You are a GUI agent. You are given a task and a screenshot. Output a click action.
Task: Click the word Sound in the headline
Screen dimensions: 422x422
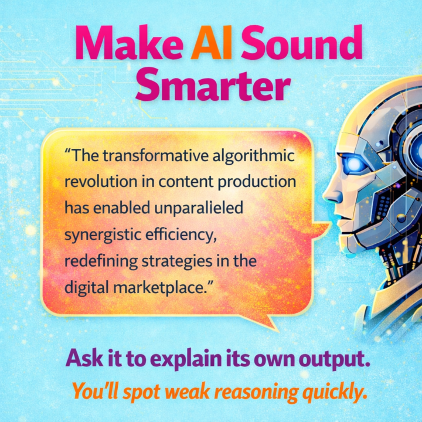pyautogui.click(x=302, y=45)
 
